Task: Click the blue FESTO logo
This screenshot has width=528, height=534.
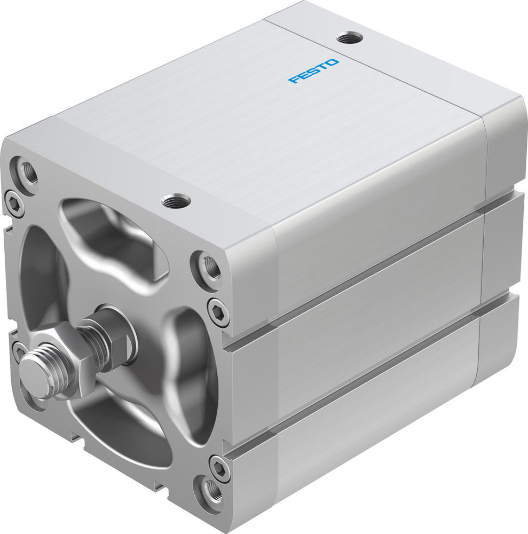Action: [x=313, y=70]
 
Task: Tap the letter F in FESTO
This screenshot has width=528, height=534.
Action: [x=293, y=80]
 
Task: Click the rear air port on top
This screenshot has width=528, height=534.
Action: [x=349, y=38]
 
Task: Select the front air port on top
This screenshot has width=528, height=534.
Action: [x=176, y=201]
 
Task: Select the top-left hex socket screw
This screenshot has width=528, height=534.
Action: [x=13, y=202]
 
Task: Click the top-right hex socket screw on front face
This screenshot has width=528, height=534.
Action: [x=218, y=311]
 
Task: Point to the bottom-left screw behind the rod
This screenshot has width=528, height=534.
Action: [x=19, y=351]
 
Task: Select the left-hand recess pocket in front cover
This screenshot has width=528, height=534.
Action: [x=40, y=278]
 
